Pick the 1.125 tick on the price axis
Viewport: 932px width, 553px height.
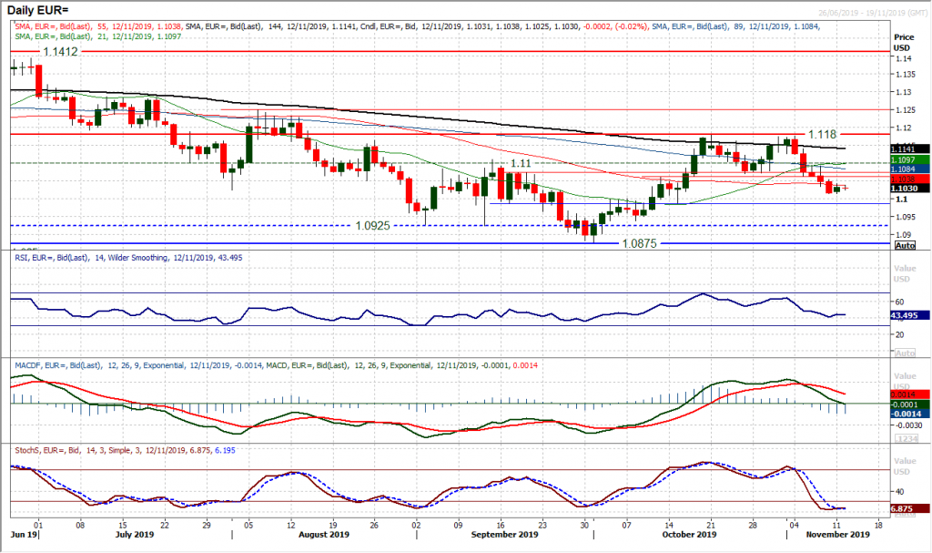[x=905, y=109]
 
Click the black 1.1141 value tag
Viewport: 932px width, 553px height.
[x=910, y=148]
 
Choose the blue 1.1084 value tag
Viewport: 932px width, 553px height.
[x=910, y=169]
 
